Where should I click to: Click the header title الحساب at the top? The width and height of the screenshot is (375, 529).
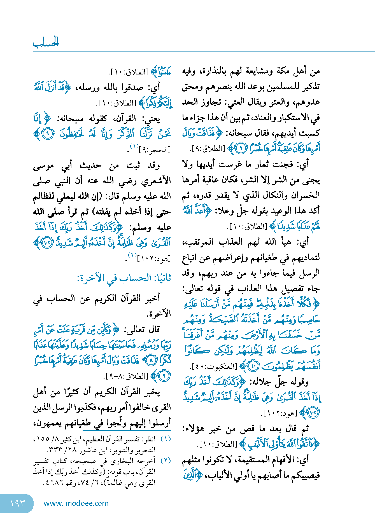click(46, 42)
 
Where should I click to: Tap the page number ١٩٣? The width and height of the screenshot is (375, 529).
click(17, 503)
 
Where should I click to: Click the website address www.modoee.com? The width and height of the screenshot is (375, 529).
click(76, 503)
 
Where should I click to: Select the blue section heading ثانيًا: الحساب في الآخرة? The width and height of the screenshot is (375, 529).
click(124, 278)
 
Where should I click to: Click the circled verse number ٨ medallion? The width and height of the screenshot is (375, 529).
click(151, 361)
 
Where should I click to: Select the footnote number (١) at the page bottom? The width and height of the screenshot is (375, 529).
click(166, 439)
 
